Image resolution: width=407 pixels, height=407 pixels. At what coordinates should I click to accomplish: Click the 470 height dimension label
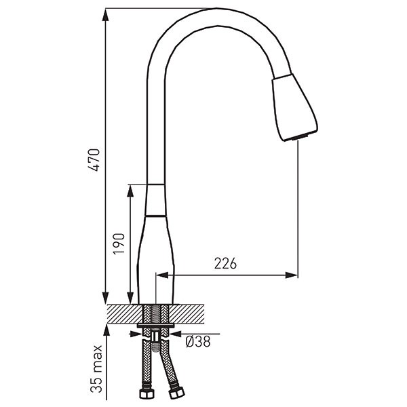94,159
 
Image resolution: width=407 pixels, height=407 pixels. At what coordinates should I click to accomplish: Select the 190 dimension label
119,244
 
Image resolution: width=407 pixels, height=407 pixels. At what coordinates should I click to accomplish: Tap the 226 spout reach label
225,263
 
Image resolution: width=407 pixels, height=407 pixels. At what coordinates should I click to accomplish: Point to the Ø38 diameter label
198,341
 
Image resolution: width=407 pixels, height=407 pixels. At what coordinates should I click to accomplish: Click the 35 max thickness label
96,369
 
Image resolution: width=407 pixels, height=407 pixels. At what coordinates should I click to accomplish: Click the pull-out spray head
294,107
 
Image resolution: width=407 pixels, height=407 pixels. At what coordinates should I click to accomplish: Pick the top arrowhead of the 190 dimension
130,191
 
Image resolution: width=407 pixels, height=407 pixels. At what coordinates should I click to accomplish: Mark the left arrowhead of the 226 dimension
163,275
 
